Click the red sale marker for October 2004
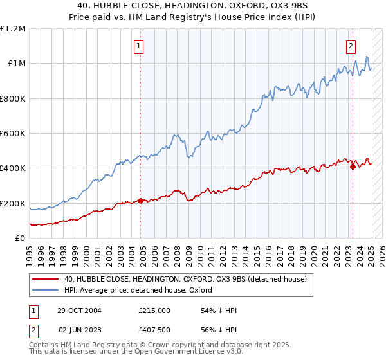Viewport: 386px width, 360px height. coord(140,201)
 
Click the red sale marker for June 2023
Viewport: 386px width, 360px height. coord(353,167)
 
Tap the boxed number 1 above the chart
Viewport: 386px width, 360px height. coord(139,46)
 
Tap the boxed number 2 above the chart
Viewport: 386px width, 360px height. coord(351,46)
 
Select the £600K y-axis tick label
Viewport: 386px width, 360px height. coord(13,134)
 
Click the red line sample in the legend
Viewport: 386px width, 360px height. coord(46,278)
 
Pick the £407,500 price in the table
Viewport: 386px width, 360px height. coord(154,330)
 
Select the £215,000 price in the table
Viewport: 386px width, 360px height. coord(154,310)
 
